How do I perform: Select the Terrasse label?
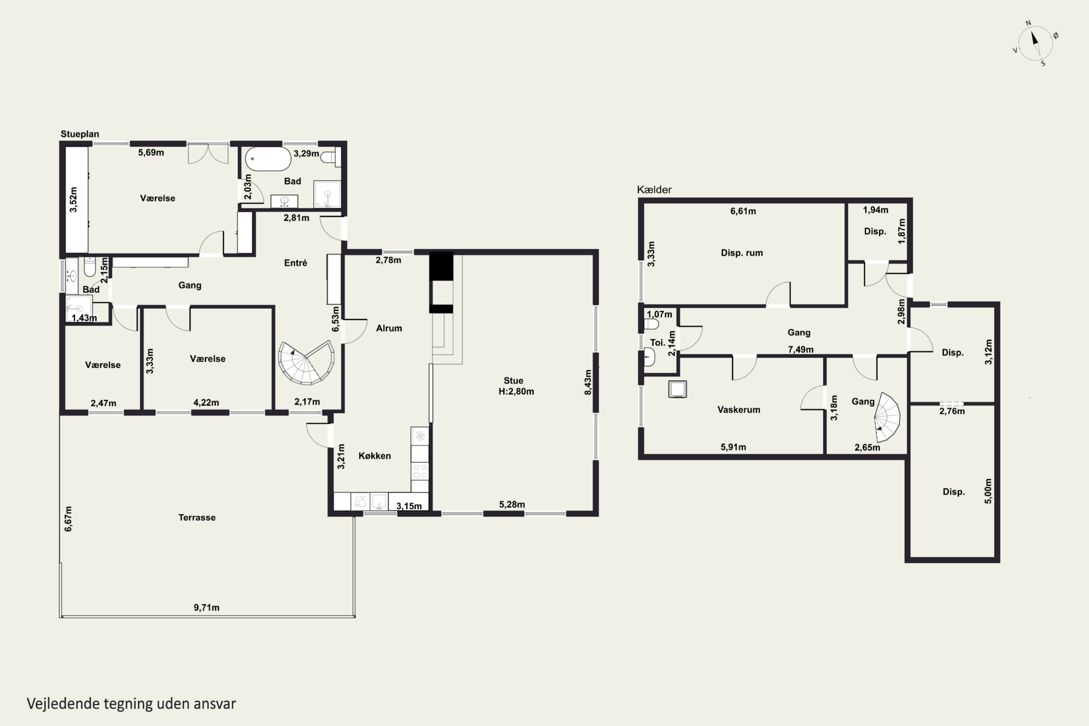(197, 517)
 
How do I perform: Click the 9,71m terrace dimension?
(207, 607)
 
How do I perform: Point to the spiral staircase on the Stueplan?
(306, 363)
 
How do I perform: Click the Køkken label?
(375, 456)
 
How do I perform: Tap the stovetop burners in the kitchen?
(420, 471)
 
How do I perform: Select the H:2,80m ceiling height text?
(516, 391)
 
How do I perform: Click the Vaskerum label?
(738, 409)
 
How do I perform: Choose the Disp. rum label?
(742, 253)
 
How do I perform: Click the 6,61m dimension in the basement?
(743, 211)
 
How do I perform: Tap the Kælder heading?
(654, 189)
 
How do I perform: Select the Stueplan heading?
(79, 134)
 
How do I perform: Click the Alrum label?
(389, 328)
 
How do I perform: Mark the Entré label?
(295, 262)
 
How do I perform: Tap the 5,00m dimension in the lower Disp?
(988, 491)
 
